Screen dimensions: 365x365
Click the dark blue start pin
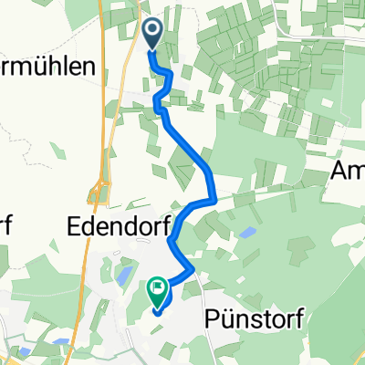(x=152, y=33)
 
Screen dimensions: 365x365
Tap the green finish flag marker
(x=157, y=291)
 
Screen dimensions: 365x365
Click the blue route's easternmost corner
(x=213, y=198)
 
